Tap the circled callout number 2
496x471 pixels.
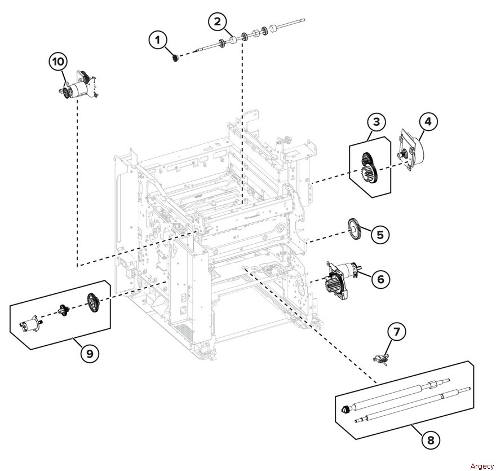pyautogui.click(x=218, y=21)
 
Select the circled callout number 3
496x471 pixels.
pyautogui.click(x=377, y=122)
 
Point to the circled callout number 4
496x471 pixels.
pyautogui.click(x=428, y=121)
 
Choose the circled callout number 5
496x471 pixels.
pyautogui.click(x=380, y=235)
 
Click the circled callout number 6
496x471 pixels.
pyautogui.click(x=381, y=279)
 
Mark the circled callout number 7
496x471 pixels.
pyautogui.click(x=397, y=332)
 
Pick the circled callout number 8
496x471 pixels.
pyautogui.click(x=431, y=439)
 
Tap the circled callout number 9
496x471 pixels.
pyautogui.click(x=90, y=353)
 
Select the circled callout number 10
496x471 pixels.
pyautogui.click(x=58, y=61)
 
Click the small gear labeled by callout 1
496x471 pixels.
pyautogui.click(x=175, y=58)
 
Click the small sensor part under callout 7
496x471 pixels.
pyautogui.click(x=380, y=360)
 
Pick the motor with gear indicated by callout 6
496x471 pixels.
pyautogui.click(x=341, y=280)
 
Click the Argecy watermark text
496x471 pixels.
pyautogui.click(x=482, y=466)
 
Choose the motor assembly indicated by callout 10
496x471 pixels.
pyautogui.click(x=78, y=85)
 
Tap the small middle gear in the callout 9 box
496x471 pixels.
pyautogui.click(x=64, y=310)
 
